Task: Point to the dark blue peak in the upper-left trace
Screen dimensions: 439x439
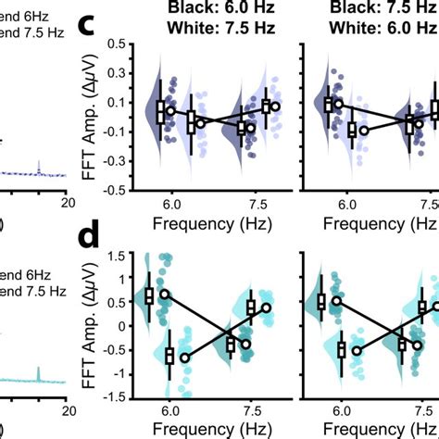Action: [38, 164]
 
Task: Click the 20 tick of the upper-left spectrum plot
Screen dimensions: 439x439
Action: [68, 203]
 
